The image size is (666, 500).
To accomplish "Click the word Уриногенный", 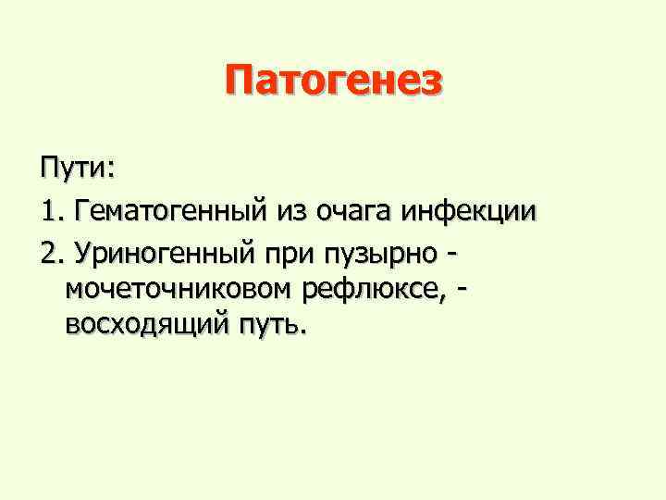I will (164, 252).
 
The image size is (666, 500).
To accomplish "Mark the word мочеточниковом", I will (176, 289).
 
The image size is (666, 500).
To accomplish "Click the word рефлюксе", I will (371, 289).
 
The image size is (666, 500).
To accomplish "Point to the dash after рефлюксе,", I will (462, 289).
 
